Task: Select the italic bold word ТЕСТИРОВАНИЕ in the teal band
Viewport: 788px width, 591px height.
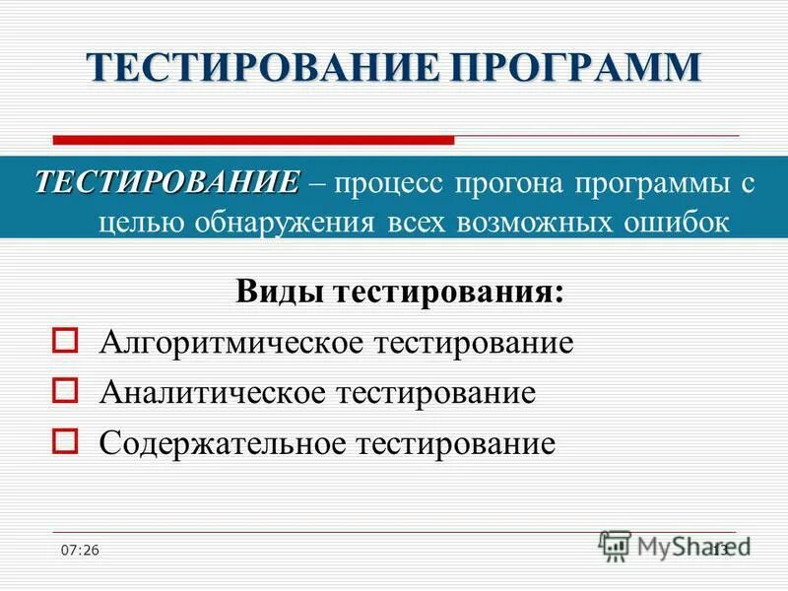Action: click(167, 182)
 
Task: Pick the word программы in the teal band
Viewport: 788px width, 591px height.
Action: click(655, 185)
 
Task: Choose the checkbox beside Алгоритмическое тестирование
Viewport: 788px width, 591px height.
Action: click(64, 341)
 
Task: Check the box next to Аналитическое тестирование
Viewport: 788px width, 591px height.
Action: click(64, 391)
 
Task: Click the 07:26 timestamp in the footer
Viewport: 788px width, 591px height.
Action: click(79, 550)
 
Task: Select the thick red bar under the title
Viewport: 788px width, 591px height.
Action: click(253, 139)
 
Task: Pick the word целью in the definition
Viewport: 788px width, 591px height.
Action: click(139, 223)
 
